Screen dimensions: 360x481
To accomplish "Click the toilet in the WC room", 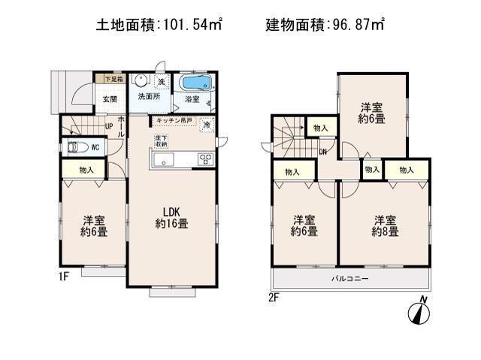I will point(77,147).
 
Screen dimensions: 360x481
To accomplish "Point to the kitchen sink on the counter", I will point(165,159).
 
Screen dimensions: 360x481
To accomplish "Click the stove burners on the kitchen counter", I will point(204,159).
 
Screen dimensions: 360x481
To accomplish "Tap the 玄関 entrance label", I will point(109,98).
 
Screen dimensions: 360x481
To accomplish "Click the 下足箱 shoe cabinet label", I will point(113,77).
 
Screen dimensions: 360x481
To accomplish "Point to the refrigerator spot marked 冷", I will point(206,126).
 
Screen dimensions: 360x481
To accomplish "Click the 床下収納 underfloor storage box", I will point(162,141).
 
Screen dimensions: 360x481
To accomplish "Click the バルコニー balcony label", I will point(350,279).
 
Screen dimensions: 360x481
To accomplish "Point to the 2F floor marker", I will point(274,297).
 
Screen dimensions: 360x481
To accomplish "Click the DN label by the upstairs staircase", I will point(322,153).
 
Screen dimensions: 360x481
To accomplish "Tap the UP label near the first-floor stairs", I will point(109,126).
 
